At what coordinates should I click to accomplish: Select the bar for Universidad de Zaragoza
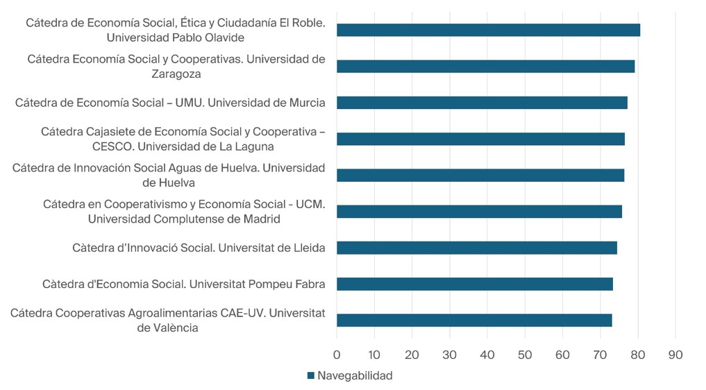(485, 67)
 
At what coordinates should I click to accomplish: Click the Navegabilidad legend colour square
(311, 376)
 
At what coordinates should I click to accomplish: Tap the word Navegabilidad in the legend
(355, 376)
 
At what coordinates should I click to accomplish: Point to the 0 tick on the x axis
(337, 355)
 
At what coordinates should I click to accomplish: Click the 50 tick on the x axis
(525, 355)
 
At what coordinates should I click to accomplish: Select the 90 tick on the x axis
(675, 355)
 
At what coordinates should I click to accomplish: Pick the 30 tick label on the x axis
(450, 355)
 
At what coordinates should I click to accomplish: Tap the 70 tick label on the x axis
(600, 355)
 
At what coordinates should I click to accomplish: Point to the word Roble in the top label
(307, 23)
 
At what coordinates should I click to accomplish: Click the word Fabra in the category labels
(310, 284)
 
